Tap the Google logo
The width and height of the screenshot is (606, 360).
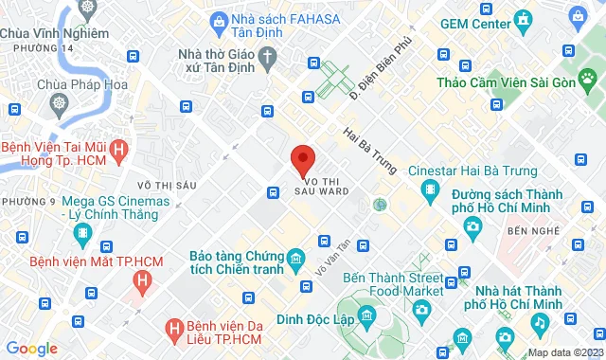click(x=31, y=349)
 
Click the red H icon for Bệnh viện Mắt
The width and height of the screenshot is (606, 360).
click(x=141, y=279)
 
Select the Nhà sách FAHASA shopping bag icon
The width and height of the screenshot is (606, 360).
click(x=219, y=19)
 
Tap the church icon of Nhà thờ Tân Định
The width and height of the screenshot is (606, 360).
click(x=269, y=59)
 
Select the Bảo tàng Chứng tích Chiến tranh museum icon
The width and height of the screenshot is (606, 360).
click(x=296, y=258)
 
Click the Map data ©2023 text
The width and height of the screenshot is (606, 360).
click(x=564, y=352)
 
